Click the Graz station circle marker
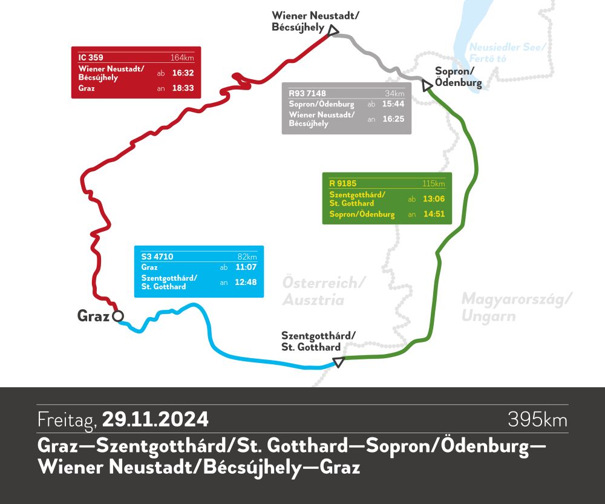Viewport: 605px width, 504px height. [118, 316]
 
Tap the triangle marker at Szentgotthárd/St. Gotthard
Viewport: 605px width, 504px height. [339, 362]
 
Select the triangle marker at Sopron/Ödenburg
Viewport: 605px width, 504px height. [426, 84]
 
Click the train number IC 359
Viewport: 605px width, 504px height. [91, 57]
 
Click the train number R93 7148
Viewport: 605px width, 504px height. [307, 94]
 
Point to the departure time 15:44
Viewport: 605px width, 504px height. [393, 104]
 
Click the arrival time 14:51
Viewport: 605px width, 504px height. [433, 214]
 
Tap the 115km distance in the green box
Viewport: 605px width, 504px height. [434, 183]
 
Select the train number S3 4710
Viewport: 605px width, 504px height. [157, 257]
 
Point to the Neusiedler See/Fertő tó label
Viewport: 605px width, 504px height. [508, 53]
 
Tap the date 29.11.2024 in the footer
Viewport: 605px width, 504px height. [155, 419]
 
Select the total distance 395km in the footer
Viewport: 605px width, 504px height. [537, 419]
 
